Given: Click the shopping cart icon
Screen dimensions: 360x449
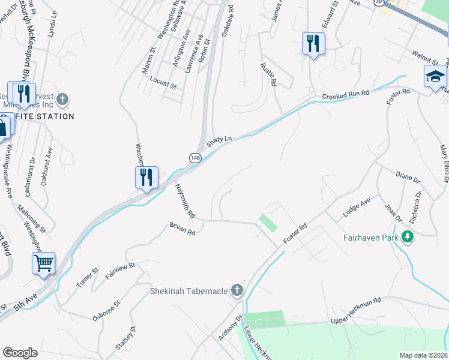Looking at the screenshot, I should coord(43,263).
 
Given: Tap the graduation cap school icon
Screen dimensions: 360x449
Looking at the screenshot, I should coord(435,76).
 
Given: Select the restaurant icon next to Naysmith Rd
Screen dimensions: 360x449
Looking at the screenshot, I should coord(146,177).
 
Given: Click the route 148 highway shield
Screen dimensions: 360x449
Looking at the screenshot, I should coord(194,157).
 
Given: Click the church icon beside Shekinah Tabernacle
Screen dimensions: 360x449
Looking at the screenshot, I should coord(237,291).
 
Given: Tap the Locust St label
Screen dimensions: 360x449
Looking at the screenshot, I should coord(163,83).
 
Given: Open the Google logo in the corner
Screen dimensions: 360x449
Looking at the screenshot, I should coord(20,352).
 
